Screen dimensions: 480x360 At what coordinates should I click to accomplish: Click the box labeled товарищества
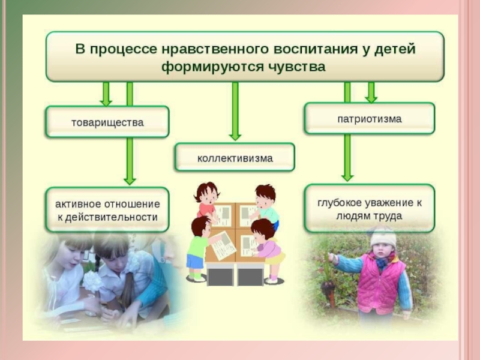click(x=107, y=122)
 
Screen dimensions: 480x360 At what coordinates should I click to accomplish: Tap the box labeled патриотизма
click(x=369, y=119)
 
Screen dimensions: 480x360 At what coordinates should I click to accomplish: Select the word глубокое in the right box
click(x=341, y=203)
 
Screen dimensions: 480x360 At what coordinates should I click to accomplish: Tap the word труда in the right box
click(x=387, y=216)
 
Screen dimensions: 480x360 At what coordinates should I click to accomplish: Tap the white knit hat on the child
click(x=382, y=237)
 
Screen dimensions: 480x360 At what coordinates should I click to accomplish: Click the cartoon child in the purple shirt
click(x=267, y=246)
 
